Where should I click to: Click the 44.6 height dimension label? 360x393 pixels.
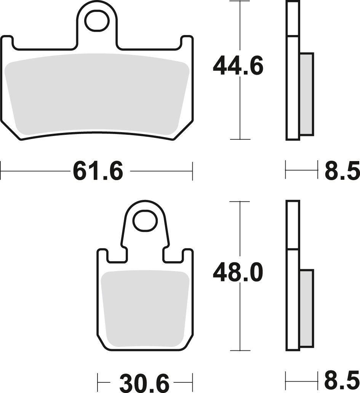[238, 67]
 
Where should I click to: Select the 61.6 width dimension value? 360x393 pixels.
[98, 171]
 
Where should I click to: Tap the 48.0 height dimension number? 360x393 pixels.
[238, 273]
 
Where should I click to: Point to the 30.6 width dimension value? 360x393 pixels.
[144, 383]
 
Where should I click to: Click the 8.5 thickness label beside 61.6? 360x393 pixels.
[342, 171]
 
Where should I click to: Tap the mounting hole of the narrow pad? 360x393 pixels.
[145, 220]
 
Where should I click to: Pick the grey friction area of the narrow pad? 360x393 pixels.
[145, 308]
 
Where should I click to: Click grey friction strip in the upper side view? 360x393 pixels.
[307, 94]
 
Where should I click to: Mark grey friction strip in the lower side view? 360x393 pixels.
[307, 308]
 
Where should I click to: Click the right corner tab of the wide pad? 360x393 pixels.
[187, 42]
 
